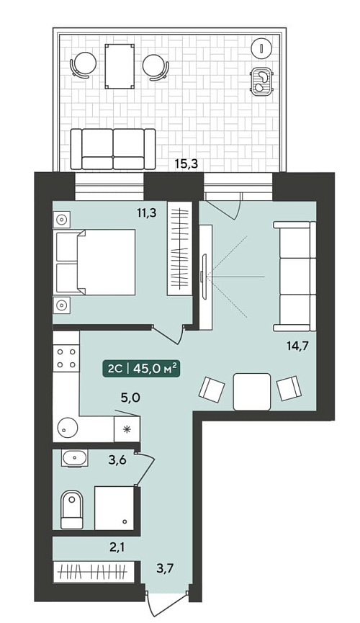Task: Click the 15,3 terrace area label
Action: pyautogui.click(x=186, y=163)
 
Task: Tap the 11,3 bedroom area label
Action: pyautogui.click(x=146, y=213)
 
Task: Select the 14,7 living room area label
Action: pyautogui.click(x=298, y=345)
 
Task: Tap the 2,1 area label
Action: pyautogui.click(x=118, y=548)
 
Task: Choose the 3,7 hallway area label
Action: pyautogui.click(x=166, y=568)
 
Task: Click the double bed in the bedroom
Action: pyautogui.click(x=96, y=262)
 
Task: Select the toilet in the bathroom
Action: pyautogui.click(x=72, y=510)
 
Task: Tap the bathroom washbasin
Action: pyautogui.click(x=74, y=459)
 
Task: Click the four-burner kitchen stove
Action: pyautogui.click(x=66, y=358)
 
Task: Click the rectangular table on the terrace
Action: pyautogui.click(x=120, y=66)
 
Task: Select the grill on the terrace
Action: pyautogui.click(x=262, y=81)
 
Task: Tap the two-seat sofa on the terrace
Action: pyautogui.click(x=113, y=149)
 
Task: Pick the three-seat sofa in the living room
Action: pyautogui.click(x=294, y=276)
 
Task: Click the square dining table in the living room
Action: pyautogui.click(x=252, y=392)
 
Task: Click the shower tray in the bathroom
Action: pyautogui.click(x=114, y=508)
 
